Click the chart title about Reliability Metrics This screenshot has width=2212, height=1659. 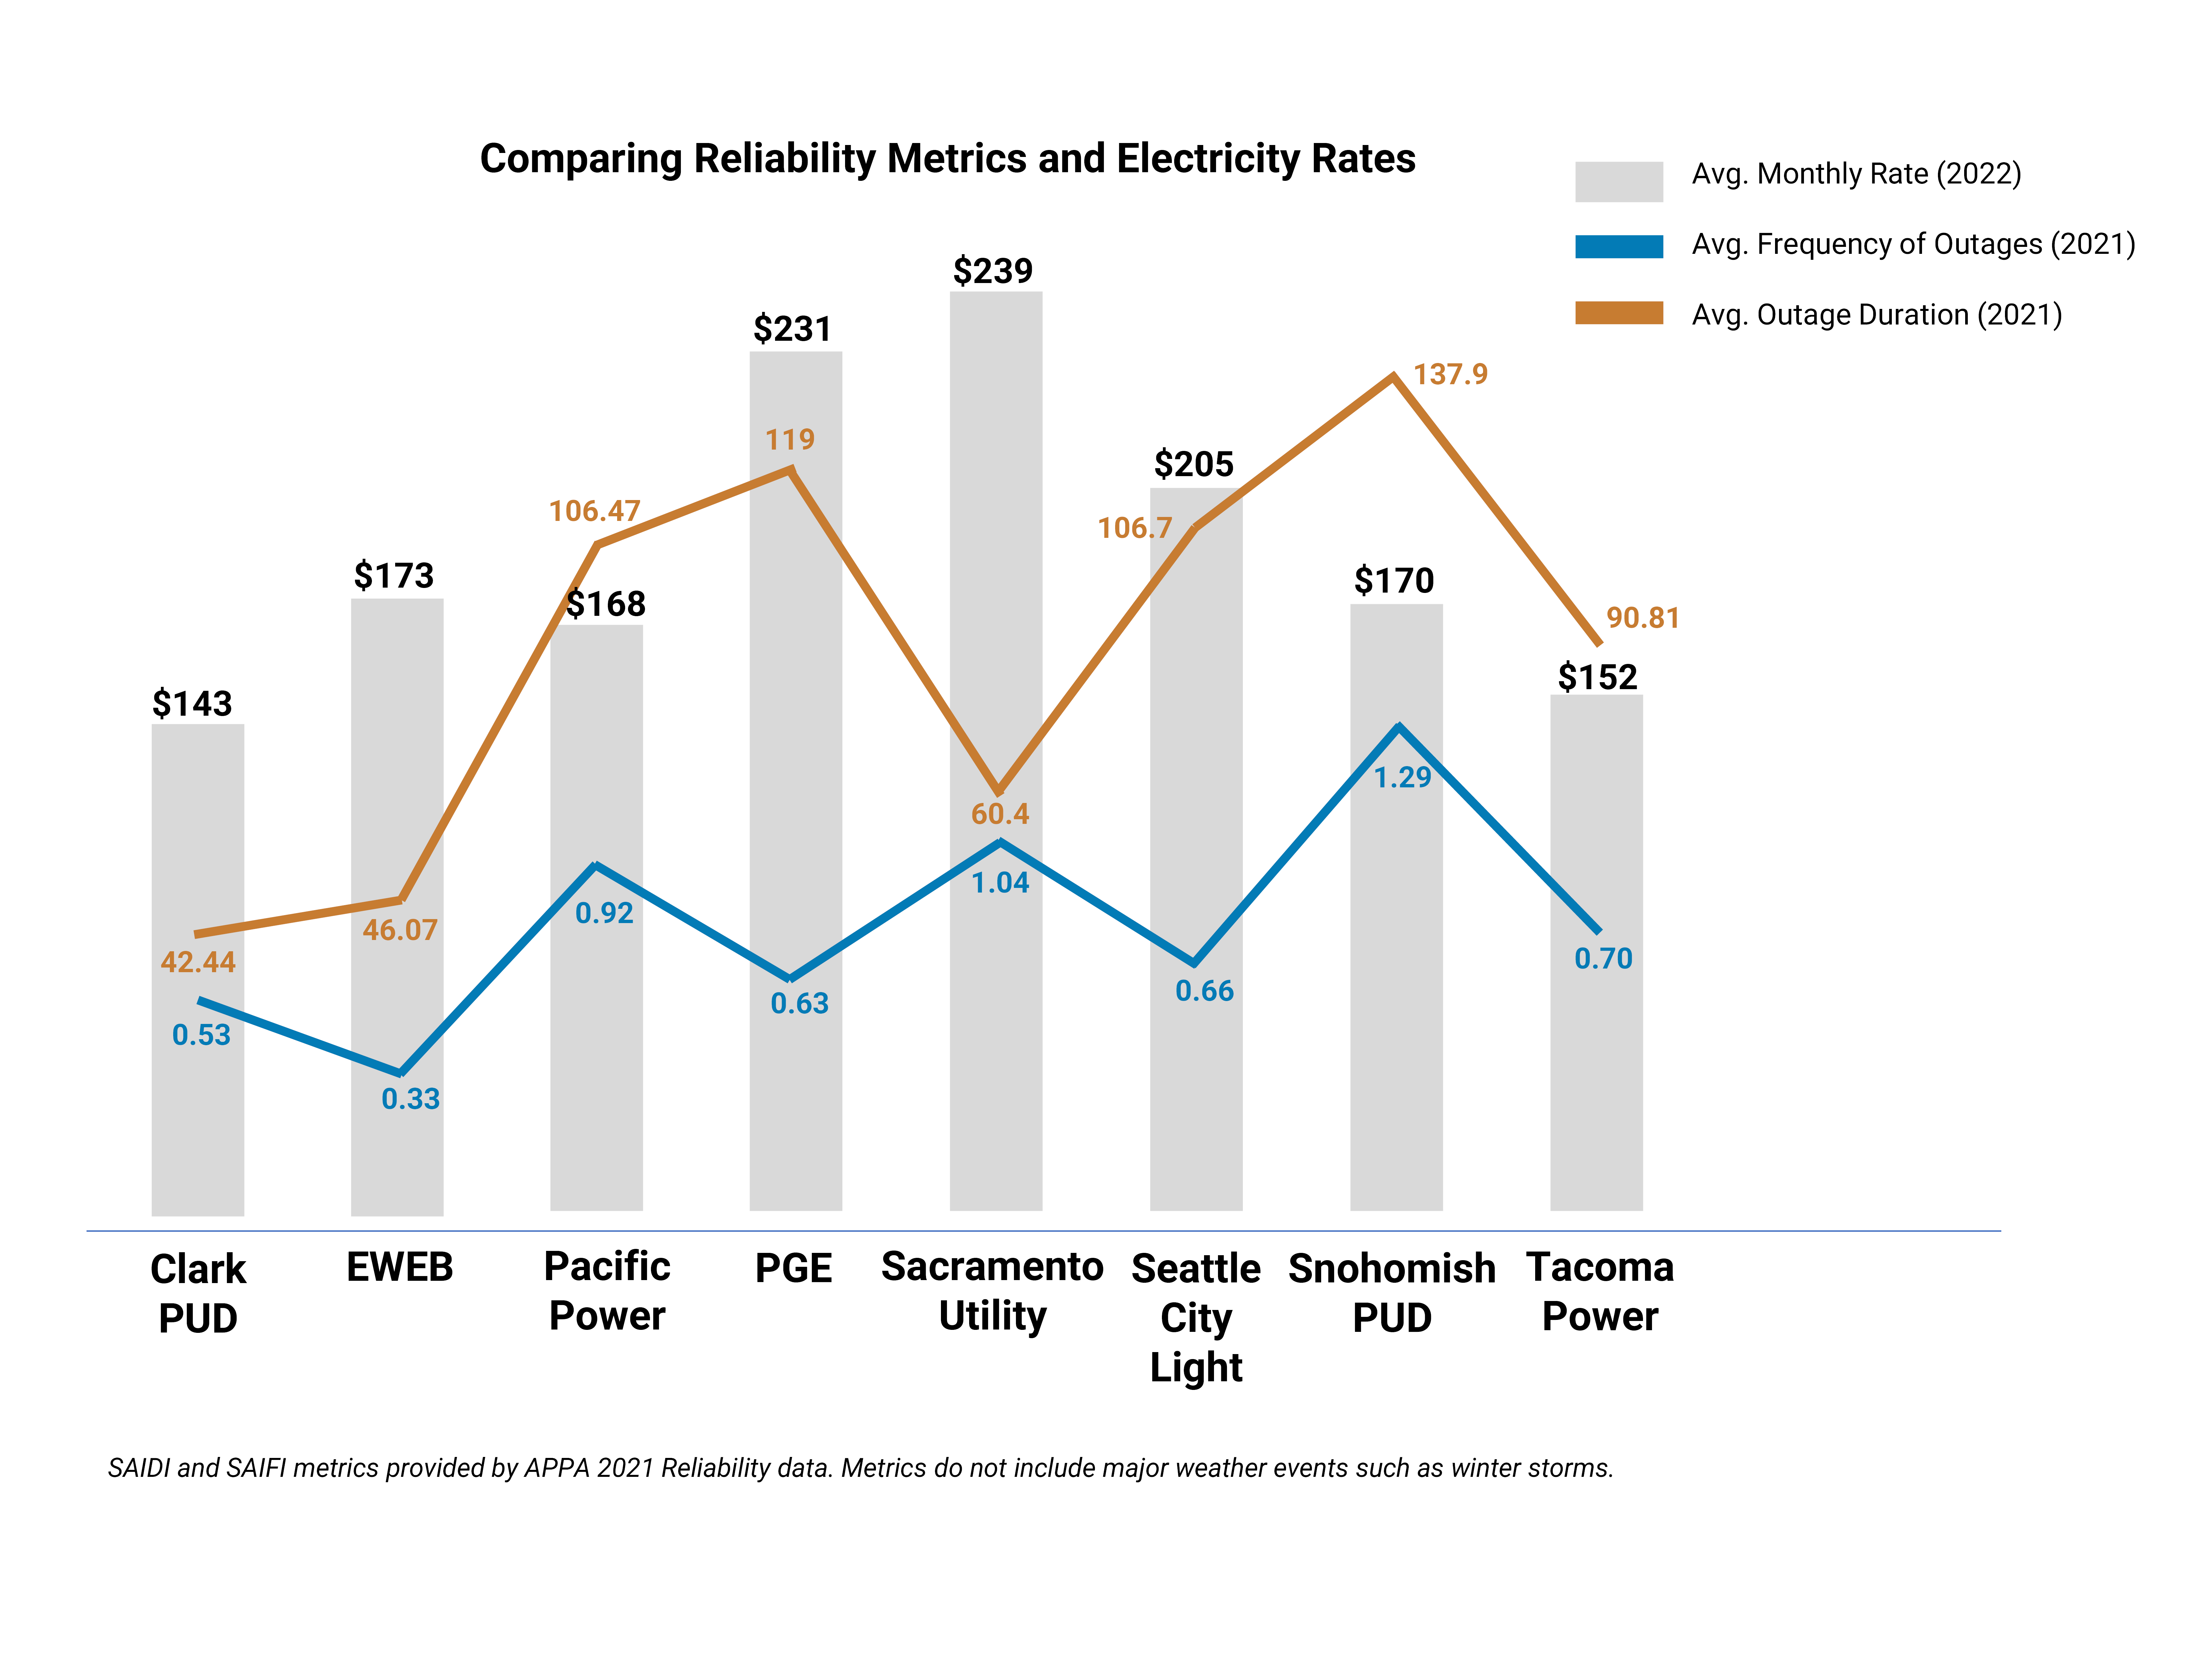pos(947,159)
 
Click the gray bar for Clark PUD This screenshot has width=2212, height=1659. pos(197,1100)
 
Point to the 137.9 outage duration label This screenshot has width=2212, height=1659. pos(1450,374)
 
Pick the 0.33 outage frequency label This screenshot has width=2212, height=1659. pos(410,1099)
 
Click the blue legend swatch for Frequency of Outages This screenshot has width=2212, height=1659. pos(1618,246)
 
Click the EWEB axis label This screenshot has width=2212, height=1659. pos(399,1268)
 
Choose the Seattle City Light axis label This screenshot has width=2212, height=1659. pos(1196,1317)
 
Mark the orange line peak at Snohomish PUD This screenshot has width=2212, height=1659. pos(1393,377)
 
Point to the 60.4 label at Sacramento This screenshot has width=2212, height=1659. pos(999,814)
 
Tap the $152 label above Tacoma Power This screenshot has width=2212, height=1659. pos(1597,677)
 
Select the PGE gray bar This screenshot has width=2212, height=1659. pos(795,1100)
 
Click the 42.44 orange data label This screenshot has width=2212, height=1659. pos(198,962)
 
